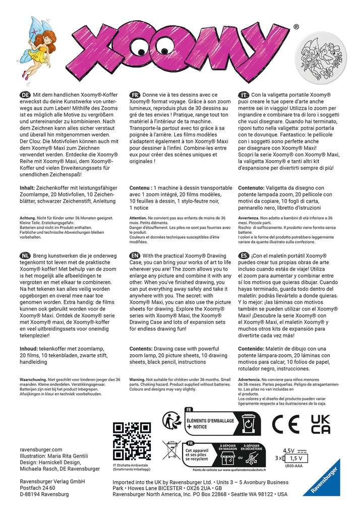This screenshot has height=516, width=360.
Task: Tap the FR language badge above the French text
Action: point(135,94)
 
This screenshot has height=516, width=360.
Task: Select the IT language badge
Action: point(243,94)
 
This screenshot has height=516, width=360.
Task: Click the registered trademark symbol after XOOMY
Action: point(296,27)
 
